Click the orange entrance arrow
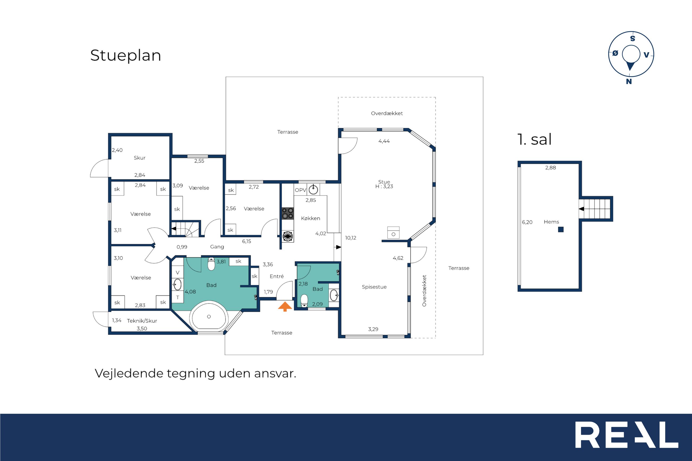tap(285, 307)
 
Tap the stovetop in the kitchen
tap(288, 213)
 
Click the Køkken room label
tap(310, 218)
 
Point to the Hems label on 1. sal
tap(551, 222)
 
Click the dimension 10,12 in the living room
tap(351, 238)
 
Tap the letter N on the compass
tap(629, 81)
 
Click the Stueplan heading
tap(126, 56)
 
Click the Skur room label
tap(139, 157)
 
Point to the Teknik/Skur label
tap(142, 321)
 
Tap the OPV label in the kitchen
tap(300, 190)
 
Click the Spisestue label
tap(374, 287)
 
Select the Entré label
tap(277, 276)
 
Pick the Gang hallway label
tap(217, 247)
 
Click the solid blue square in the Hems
tap(561, 230)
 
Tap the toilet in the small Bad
tap(304, 301)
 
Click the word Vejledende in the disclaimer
tap(129, 373)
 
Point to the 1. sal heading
tap(534, 139)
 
